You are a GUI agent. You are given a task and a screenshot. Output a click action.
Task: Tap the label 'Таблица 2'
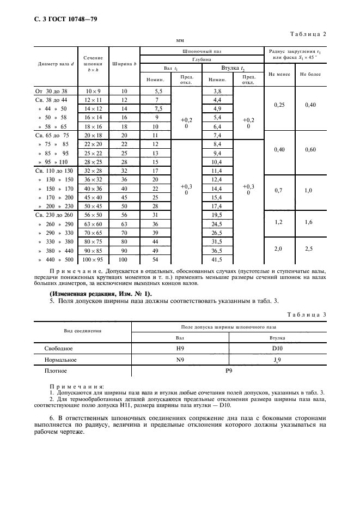308,34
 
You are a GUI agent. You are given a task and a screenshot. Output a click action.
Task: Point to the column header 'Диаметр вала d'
54,64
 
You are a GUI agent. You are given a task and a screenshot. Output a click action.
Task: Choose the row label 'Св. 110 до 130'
53,170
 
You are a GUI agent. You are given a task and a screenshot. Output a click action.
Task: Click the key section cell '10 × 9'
94,92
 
